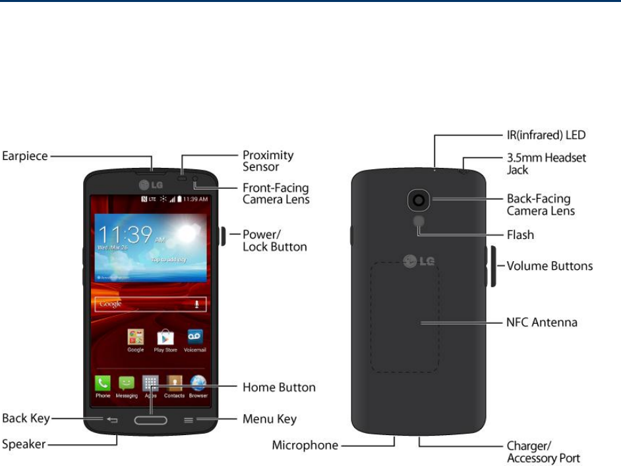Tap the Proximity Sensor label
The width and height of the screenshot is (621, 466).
point(268,161)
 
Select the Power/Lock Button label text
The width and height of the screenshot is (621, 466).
point(275,240)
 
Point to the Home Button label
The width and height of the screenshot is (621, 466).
point(279,387)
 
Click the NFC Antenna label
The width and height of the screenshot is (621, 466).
point(542,323)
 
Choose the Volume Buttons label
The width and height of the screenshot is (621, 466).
point(549,266)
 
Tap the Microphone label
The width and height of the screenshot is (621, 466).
point(305,446)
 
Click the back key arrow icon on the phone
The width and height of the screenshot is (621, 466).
point(112,420)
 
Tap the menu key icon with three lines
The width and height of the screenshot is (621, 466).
point(189,420)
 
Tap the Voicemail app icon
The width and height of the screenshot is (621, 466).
point(195,337)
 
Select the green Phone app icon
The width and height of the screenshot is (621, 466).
point(103,383)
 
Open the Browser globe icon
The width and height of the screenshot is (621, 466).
point(198,383)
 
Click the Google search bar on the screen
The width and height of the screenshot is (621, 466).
point(151,304)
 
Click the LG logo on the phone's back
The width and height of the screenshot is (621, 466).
point(419,262)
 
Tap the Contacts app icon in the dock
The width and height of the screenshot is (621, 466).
point(175,383)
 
